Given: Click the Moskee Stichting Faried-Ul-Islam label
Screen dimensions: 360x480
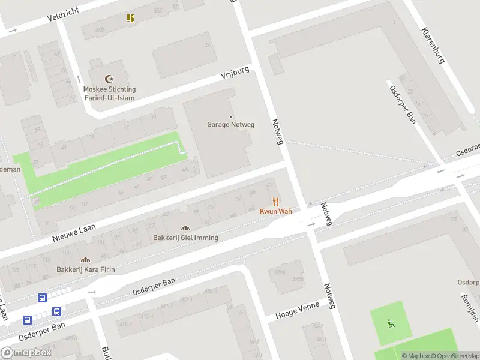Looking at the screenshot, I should [109, 94].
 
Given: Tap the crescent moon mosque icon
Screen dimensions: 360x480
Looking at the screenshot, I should [109, 79].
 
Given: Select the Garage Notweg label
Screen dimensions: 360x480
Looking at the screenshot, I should [231, 125].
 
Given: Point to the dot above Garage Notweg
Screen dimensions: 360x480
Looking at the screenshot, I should [231, 116].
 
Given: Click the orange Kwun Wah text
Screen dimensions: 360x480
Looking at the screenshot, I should [275, 211].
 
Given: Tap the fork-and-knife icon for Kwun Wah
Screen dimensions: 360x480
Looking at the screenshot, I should [275, 202].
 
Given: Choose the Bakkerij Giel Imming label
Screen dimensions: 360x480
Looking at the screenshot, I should [185, 238].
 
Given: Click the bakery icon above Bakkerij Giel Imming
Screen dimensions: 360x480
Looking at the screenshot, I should [185, 228].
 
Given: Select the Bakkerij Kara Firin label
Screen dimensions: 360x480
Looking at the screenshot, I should [85, 269].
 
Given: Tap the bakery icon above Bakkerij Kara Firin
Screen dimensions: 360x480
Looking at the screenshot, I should [85, 260].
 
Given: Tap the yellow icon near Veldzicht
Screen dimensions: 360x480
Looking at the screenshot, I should [130, 18].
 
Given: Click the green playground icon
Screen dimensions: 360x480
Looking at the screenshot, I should [391, 324].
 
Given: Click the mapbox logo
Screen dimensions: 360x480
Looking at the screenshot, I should [26, 353].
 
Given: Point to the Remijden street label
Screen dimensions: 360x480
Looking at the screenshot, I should [470, 307].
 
